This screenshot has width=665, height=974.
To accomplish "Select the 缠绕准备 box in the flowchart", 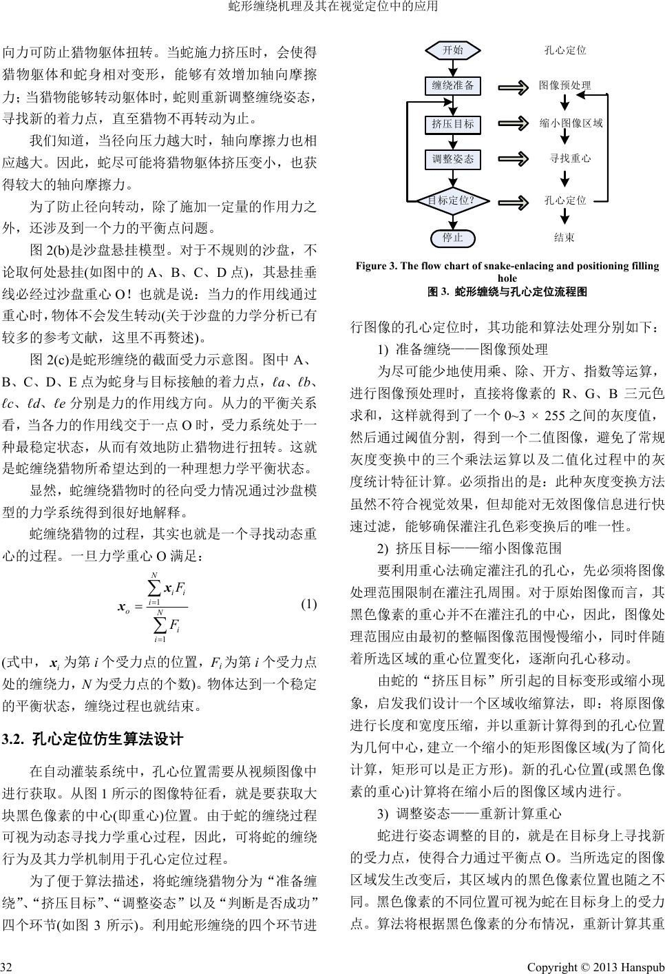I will [x=452, y=85].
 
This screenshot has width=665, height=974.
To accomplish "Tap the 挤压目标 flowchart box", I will [x=452, y=124].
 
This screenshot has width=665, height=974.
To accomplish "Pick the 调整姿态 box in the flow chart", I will [x=452, y=159].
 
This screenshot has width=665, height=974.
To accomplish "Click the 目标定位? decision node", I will [x=452, y=200].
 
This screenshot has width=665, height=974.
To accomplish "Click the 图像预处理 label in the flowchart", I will [x=564, y=85].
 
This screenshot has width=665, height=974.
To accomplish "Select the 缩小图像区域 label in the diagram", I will [x=571, y=123].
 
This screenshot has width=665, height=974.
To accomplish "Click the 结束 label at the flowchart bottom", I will [x=564, y=238].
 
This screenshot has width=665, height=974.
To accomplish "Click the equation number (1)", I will [x=309, y=605].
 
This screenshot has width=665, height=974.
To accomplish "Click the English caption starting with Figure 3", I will [x=507, y=271].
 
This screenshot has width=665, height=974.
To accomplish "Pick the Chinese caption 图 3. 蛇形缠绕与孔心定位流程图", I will [x=507, y=292].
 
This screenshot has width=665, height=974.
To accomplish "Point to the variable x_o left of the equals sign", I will [x=125, y=607].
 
